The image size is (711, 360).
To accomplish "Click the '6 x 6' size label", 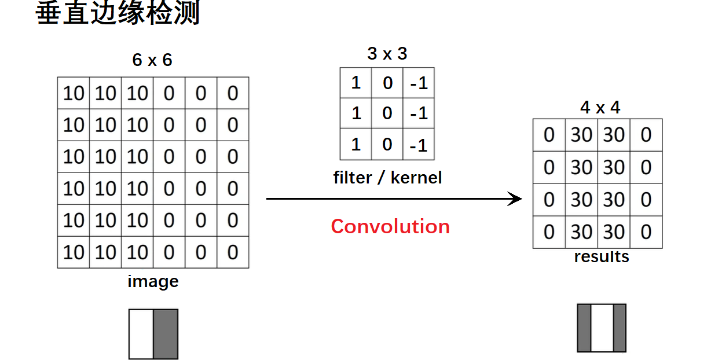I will point(152,60).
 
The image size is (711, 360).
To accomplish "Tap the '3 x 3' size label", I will point(387,54).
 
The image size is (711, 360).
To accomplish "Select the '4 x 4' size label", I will point(600,107).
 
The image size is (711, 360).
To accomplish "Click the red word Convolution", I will point(390,226).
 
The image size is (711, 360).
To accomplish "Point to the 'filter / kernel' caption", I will point(387,178).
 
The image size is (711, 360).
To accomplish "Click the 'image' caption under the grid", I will point(153,282).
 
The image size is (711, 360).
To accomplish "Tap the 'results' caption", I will point(601,257).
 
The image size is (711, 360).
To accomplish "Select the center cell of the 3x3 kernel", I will point(387,113).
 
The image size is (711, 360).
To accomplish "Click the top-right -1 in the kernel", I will point(418,83).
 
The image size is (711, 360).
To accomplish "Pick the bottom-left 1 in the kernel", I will point(356,144).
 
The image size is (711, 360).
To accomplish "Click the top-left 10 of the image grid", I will point(74,93).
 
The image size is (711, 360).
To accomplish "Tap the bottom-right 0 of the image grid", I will point(232,252).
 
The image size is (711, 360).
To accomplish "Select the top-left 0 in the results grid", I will point(549,135).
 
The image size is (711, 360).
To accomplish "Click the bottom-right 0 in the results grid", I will point(646,233).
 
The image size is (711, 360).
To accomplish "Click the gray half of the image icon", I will point(166,334).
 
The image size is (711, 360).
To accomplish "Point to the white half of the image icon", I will point(141,334).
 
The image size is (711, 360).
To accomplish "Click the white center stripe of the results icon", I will point(602,328).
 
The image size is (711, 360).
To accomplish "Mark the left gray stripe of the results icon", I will point(584,328).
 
